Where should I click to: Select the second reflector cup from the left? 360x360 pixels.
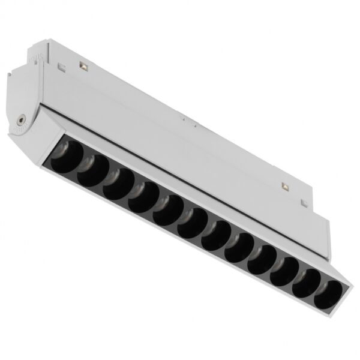pyautogui.click(x=93, y=171)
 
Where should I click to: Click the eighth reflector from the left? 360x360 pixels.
pyautogui.click(x=238, y=245)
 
